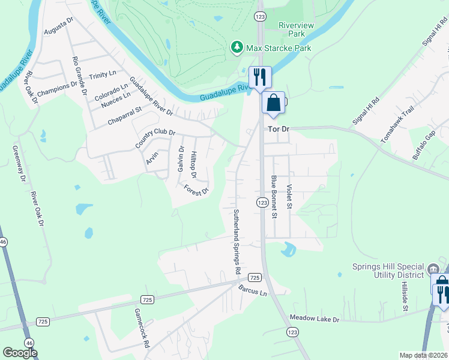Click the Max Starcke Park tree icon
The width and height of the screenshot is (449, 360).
[x=237, y=47]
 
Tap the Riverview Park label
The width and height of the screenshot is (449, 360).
[x=292, y=30]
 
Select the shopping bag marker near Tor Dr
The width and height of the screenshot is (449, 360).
[x=274, y=103]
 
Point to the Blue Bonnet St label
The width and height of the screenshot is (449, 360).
[x=274, y=196]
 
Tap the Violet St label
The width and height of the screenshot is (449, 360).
[x=289, y=197]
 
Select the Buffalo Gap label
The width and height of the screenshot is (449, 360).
[x=424, y=145]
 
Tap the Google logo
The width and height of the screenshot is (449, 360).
[x=20, y=353]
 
